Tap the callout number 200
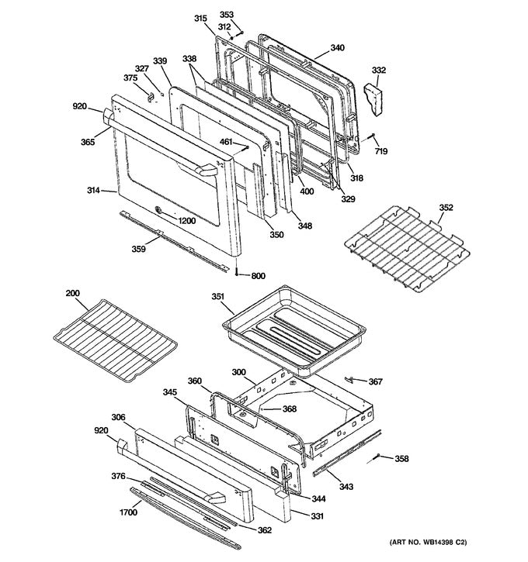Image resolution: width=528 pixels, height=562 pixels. (x=72, y=293)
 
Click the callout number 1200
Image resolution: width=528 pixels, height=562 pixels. (x=186, y=221)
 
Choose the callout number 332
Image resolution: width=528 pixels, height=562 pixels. (x=379, y=71)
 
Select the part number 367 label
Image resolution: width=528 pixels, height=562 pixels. (x=375, y=381)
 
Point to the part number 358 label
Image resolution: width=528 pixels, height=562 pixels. (x=401, y=458)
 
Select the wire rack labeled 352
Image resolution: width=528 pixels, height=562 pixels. (x=408, y=248)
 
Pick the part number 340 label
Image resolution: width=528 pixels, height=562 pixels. (x=337, y=48)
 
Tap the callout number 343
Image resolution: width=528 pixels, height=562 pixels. (x=346, y=487)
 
